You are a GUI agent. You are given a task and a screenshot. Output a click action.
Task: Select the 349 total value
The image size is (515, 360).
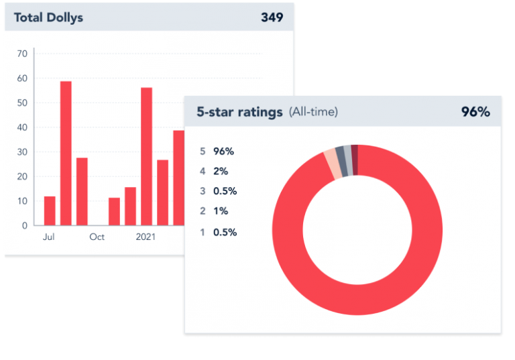(272, 17)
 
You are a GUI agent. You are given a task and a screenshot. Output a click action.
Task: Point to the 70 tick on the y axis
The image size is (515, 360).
(22, 54)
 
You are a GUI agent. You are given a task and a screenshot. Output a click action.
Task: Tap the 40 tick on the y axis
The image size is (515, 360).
(22, 127)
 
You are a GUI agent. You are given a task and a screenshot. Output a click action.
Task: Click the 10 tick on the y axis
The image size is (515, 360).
(22, 201)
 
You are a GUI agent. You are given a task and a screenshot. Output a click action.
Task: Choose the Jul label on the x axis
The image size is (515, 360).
(49, 237)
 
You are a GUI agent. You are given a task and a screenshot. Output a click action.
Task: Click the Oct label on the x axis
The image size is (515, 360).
(97, 237)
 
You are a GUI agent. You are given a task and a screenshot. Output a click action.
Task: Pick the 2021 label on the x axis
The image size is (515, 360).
(146, 237)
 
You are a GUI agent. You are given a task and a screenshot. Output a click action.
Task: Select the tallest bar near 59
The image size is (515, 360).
(66, 153)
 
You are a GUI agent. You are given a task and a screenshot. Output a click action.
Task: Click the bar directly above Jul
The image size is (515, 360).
(50, 211)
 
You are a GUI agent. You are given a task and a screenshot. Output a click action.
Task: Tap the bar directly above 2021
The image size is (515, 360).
(146, 156)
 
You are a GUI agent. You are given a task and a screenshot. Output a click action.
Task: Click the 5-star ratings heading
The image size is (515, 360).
(239, 112)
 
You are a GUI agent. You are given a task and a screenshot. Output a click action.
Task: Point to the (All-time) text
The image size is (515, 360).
(313, 112)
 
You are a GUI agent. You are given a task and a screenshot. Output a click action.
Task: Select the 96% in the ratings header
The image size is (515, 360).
(475, 112)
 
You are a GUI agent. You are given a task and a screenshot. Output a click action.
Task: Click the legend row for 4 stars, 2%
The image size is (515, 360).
(215, 171)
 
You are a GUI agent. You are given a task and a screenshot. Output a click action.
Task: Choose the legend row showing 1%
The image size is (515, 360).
(215, 211)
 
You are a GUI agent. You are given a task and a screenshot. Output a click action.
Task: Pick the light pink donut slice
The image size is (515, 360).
(331, 164)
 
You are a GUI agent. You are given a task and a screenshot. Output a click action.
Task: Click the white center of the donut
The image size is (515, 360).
(357, 229)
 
